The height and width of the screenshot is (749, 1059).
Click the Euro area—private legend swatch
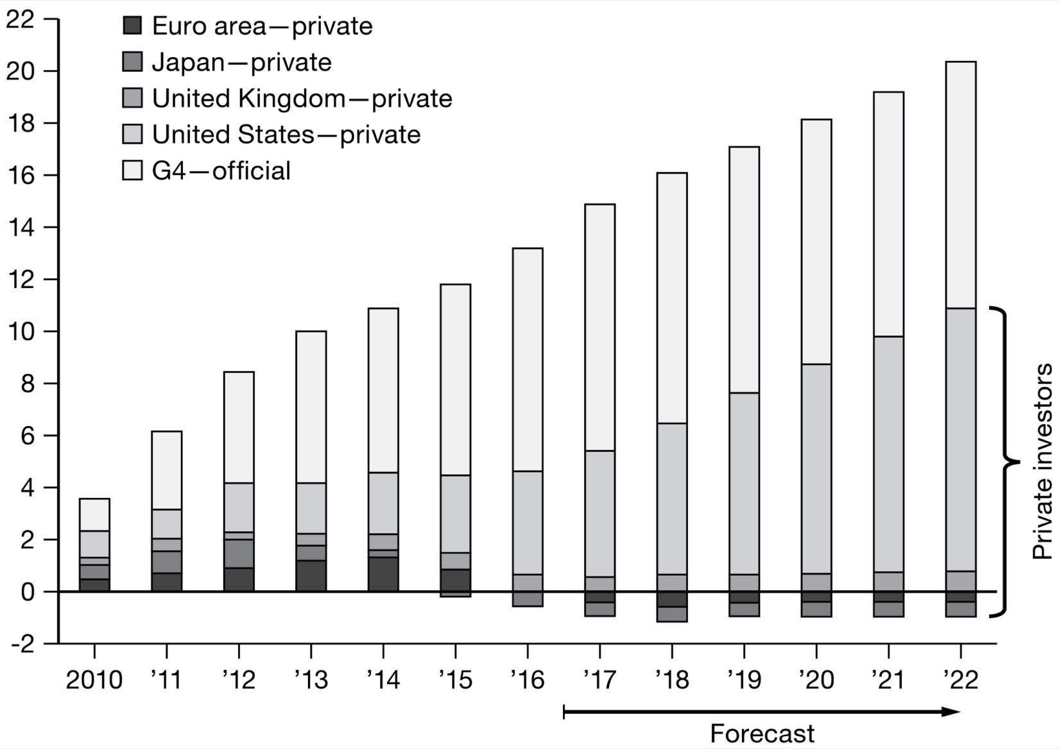click(132, 26)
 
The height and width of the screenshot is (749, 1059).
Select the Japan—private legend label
click(241, 62)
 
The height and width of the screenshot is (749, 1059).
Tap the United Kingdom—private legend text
click(302, 98)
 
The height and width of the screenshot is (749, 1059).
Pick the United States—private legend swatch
click(132, 134)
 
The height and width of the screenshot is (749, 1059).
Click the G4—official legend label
click(221, 171)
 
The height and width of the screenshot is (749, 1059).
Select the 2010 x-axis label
click(94, 680)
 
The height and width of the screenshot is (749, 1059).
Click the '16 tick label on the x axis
click(527, 680)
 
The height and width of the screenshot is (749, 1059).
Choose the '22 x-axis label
click(960, 680)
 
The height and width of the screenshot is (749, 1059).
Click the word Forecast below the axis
click(762, 733)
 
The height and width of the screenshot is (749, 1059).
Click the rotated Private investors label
click(1042, 461)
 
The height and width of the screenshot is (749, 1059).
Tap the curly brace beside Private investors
click(1006, 461)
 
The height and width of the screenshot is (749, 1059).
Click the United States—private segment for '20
click(816, 469)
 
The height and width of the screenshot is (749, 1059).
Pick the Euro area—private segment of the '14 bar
click(383, 574)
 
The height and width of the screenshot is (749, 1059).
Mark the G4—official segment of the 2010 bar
click(94, 515)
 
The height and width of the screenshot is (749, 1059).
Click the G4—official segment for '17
click(599, 327)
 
